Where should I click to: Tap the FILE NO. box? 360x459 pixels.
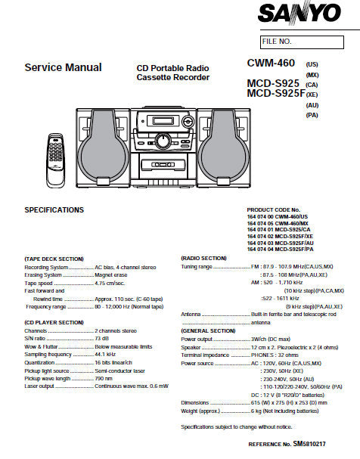pos(306,41)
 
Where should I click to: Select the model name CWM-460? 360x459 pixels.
pos(274,65)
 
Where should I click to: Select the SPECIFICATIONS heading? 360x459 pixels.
pos(54,209)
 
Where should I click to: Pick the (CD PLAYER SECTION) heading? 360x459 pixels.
pos(54,322)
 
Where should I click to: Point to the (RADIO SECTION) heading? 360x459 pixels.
pos(203,259)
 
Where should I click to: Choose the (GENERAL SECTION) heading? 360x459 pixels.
pos(208,330)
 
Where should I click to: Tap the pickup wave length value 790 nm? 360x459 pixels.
pos(104,378)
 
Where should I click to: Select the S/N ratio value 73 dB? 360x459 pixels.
pos(104,338)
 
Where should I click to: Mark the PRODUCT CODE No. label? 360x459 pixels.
pos(274,209)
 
